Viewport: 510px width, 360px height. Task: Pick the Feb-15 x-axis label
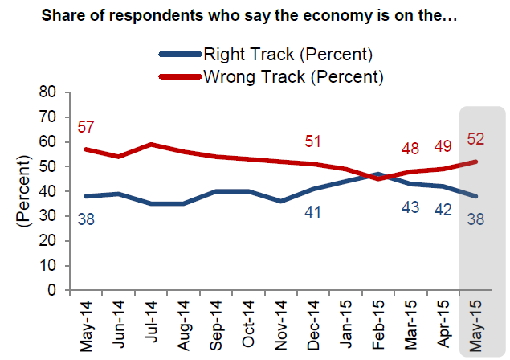click(377, 326)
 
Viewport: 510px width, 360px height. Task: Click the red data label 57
click(87, 128)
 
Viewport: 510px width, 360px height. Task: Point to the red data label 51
click(313, 142)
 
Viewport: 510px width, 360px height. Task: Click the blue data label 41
click(313, 212)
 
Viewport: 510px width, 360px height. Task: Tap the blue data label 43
click(410, 207)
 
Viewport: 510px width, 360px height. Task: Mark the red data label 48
click(410, 149)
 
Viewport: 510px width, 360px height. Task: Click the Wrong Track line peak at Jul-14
click(151, 144)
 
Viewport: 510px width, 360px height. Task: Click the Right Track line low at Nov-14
click(280, 201)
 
